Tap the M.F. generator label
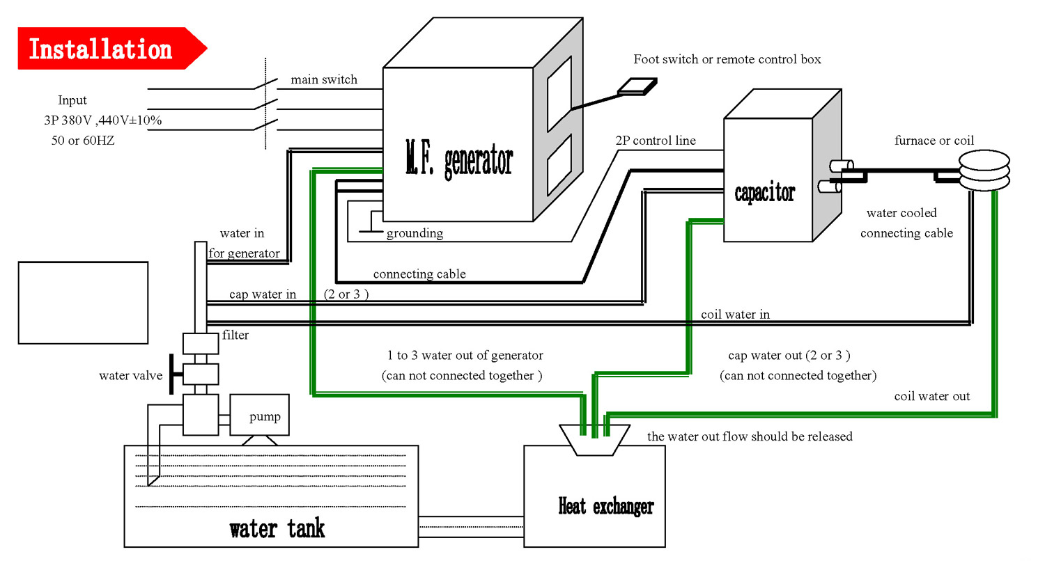[460, 159]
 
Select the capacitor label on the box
[765, 193]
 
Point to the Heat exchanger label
[606, 506]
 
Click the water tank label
[277, 529]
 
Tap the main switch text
[324, 79]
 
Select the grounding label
[415, 232]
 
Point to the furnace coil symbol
[984, 171]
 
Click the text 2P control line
[655, 141]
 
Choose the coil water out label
[932, 396]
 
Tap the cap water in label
[263, 294]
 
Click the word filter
[235, 335]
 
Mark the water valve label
[130, 376]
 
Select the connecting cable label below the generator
[419, 274]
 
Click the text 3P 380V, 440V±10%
[102, 120]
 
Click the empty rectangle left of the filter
[83, 303]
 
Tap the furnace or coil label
[934, 141]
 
